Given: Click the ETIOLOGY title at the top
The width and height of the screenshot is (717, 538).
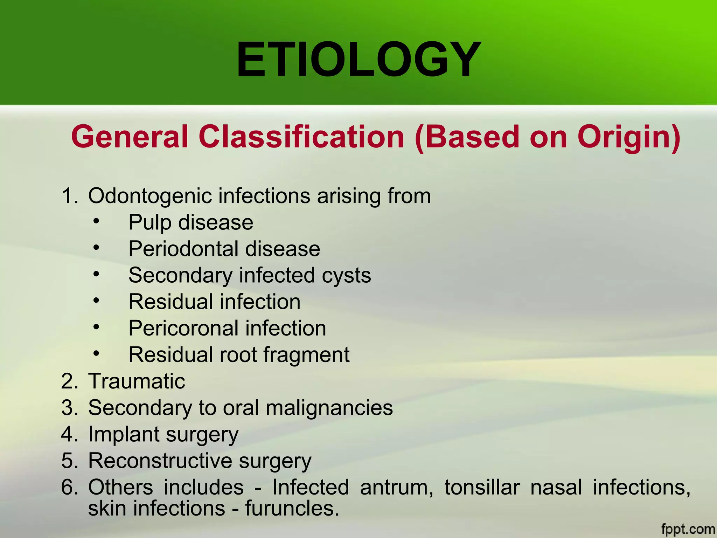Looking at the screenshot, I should [x=358, y=60].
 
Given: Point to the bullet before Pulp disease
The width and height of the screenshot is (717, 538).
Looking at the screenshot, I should [x=97, y=221].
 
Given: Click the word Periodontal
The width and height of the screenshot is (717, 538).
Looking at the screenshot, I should [x=183, y=249].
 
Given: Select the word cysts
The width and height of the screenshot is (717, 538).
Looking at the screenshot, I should [x=346, y=276].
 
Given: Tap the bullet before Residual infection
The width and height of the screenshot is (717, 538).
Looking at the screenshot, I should [x=97, y=301].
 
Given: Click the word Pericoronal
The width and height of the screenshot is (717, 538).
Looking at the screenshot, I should [x=183, y=329].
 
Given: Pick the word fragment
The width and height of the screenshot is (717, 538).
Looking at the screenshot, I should [x=306, y=355].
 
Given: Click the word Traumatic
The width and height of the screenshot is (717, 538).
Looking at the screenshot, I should [x=137, y=381].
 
